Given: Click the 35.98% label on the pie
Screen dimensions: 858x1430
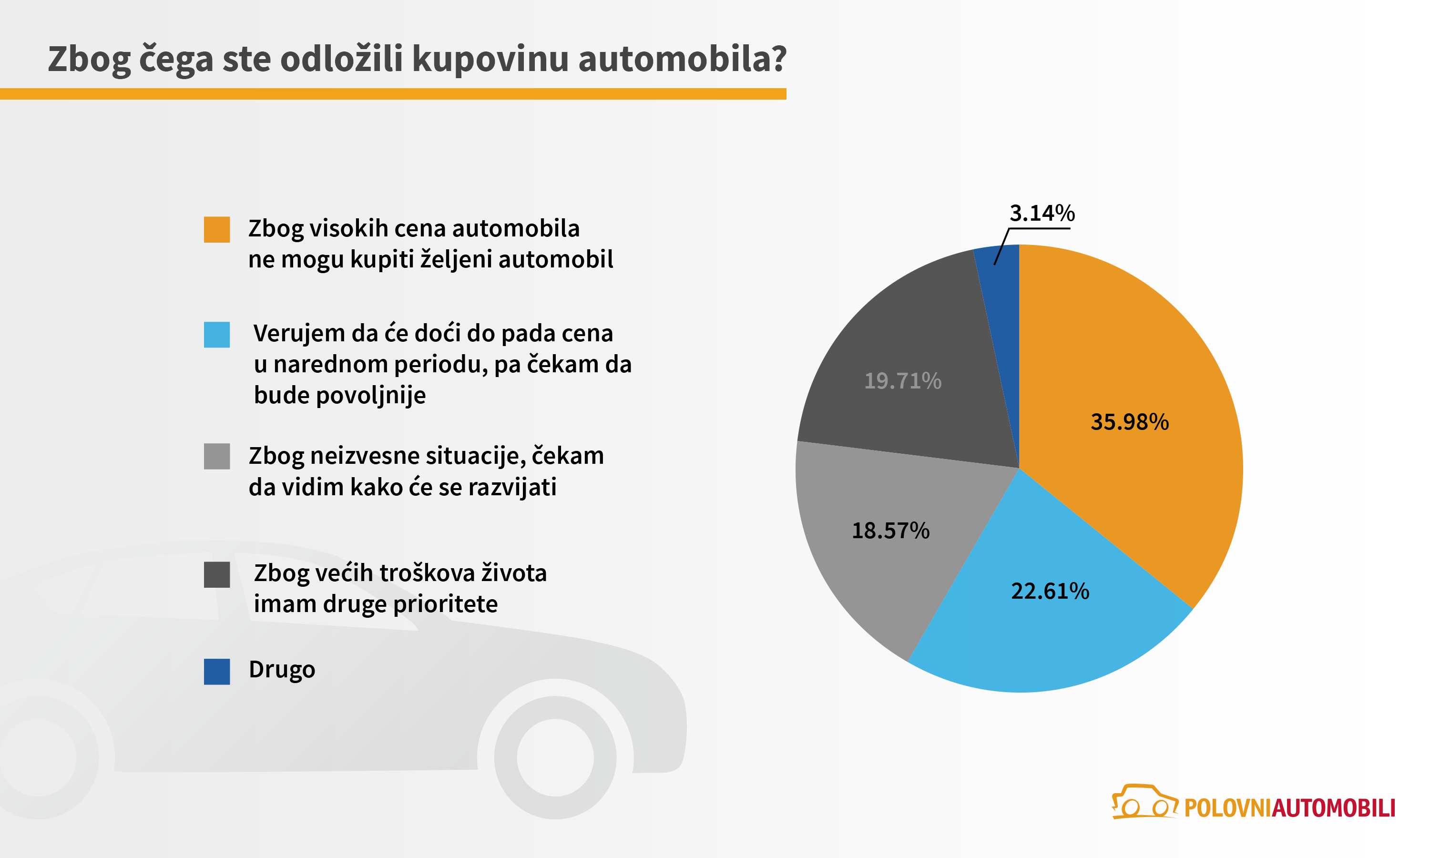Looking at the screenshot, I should pyautogui.click(x=1129, y=422).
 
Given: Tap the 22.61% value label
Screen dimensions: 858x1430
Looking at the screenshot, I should pyautogui.click(x=1050, y=591).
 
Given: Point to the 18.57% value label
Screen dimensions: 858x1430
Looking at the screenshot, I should pyautogui.click(x=891, y=530).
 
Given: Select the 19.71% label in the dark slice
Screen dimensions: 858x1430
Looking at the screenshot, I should pyautogui.click(x=902, y=380).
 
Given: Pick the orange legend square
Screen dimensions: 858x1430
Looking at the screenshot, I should pyautogui.click(x=217, y=230).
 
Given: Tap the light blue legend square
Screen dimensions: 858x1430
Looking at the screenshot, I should pyautogui.click(x=217, y=335).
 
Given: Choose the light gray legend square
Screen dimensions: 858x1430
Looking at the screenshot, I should pyautogui.click(x=217, y=456).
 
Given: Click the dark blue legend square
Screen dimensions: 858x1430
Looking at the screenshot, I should pyautogui.click(x=217, y=671).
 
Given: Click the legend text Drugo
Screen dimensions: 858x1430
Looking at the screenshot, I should pyautogui.click(x=282, y=670).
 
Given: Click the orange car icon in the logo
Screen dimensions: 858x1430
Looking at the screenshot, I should pyautogui.click(x=1144, y=802).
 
